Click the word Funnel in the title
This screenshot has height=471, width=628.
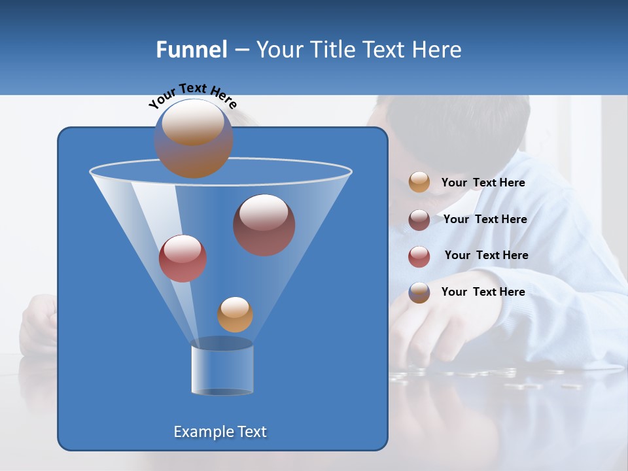191,50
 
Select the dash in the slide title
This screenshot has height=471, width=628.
241,50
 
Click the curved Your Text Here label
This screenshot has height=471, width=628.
192,96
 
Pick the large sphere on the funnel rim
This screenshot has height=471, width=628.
193,138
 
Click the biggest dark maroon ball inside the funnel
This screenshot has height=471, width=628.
264,224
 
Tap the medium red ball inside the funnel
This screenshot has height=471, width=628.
183,258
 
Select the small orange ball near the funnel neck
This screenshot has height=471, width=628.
235,314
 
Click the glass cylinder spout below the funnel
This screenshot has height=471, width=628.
222,368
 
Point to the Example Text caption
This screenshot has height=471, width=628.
220,432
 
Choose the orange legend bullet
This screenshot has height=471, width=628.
419,183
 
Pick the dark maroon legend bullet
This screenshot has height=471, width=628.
419,219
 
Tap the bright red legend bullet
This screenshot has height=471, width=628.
419,256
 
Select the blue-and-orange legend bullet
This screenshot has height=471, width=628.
419,292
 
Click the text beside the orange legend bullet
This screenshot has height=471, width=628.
483,183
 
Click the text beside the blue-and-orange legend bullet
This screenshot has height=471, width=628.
483,292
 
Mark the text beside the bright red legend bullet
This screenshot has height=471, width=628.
486,255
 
